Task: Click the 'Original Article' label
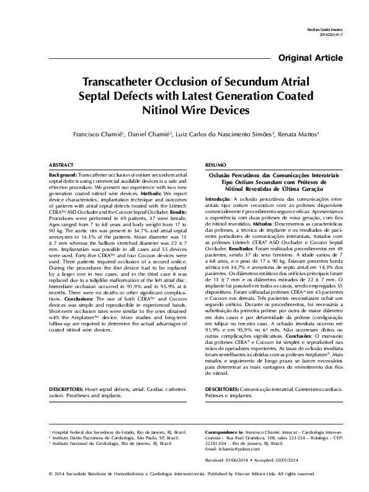311,58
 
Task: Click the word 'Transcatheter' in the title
120,83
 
